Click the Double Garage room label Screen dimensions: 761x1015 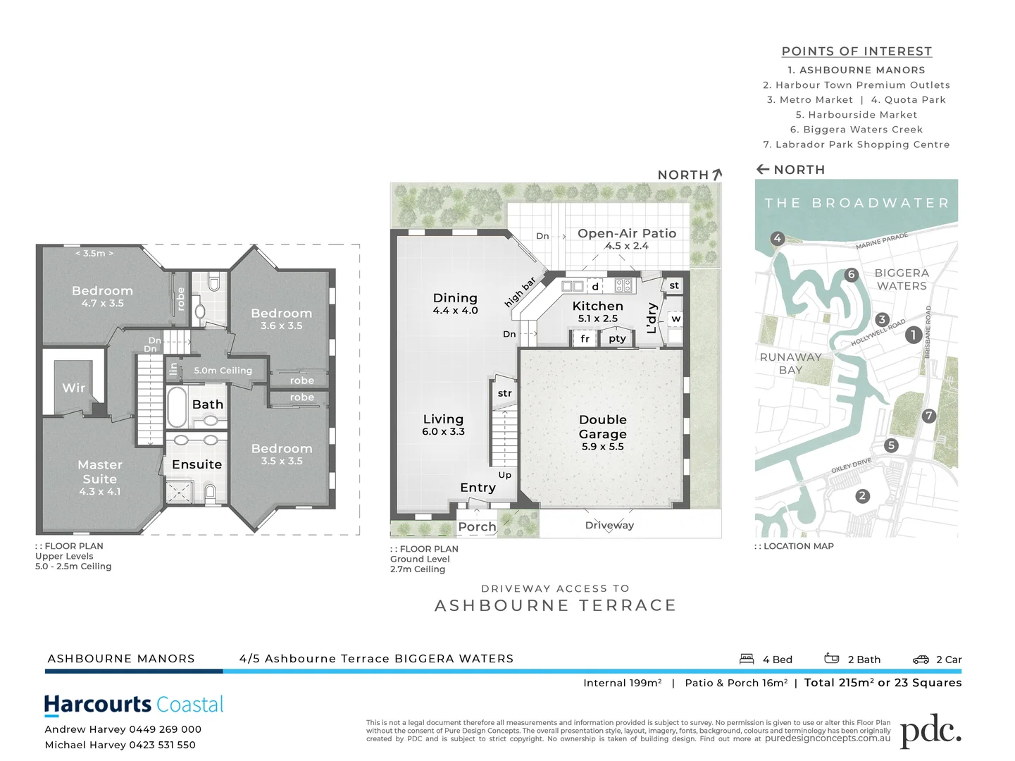pyautogui.click(x=602, y=427)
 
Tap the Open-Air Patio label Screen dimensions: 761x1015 pyautogui.click(x=626, y=233)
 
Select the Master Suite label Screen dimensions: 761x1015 pyautogui.click(x=100, y=471)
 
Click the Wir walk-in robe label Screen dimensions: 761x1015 pyautogui.click(x=73, y=388)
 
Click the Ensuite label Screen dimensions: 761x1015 pyautogui.click(x=197, y=464)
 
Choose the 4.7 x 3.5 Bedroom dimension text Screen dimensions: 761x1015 pyautogui.click(x=102, y=304)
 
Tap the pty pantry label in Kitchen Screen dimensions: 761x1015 pyautogui.click(x=617, y=339)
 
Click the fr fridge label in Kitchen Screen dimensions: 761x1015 pyautogui.click(x=585, y=339)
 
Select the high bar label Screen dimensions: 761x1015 pyautogui.click(x=521, y=292)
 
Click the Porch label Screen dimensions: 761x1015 pyautogui.click(x=477, y=526)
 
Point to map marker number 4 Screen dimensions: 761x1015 pyautogui.click(x=777, y=238)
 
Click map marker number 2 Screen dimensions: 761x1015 pyautogui.click(x=862, y=496)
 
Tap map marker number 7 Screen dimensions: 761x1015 pyautogui.click(x=929, y=416)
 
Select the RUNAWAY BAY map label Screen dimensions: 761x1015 pyautogui.click(x=790, y=364)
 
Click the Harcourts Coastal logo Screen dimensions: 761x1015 pyautogui.click(x=134, y=705)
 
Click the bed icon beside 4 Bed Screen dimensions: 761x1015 pyautogui.click(x=747, y=659)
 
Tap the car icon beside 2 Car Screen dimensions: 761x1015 pyautogui.click(x=921, y=660)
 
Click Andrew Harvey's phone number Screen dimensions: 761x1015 pyautogui.click(x=166, y=729)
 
